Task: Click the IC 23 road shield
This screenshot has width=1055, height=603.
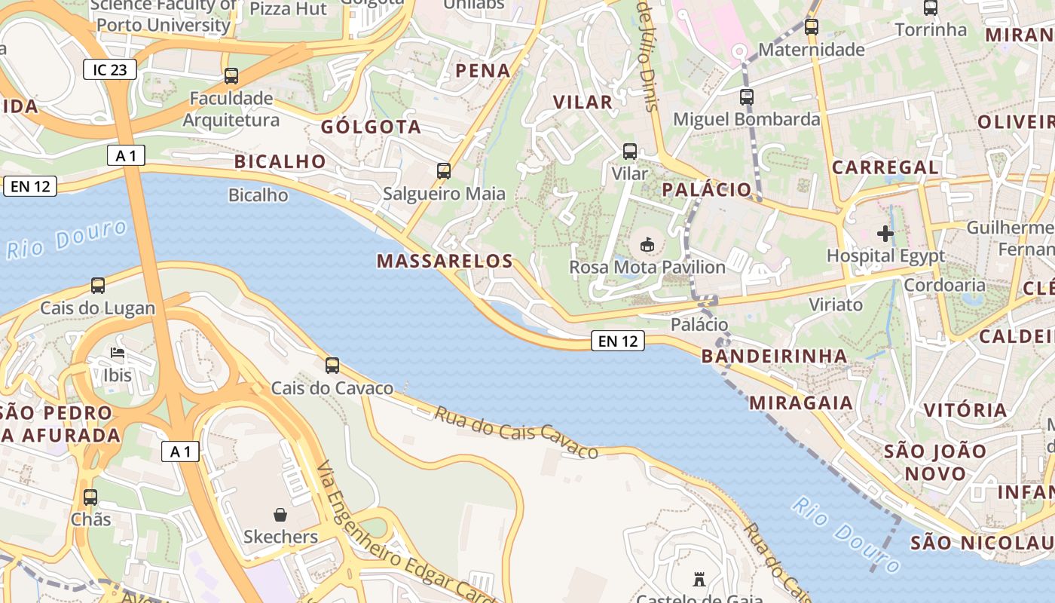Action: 110,70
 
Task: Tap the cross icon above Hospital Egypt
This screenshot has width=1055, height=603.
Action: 885,234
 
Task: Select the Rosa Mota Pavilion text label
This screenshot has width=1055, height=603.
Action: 647,267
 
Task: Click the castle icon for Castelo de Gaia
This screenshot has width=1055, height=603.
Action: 699,580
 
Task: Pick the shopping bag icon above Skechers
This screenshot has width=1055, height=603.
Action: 280,514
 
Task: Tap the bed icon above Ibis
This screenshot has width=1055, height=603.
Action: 117,352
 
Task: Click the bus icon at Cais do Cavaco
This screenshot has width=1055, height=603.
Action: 332,366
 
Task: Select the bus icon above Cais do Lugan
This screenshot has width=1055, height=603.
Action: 98,286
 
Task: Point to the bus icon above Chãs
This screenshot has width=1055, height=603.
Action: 90,497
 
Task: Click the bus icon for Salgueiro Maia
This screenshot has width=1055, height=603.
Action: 444,171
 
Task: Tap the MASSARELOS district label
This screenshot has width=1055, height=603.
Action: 445,262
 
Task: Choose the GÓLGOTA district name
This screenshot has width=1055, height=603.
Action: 371,127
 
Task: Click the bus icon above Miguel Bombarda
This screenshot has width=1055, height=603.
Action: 746,97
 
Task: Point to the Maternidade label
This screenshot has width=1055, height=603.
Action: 811,50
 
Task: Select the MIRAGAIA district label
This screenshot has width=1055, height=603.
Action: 801,403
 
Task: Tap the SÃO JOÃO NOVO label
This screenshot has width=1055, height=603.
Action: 935,462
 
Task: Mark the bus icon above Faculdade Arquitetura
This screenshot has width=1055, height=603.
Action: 231,76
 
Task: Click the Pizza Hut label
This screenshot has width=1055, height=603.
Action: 288,9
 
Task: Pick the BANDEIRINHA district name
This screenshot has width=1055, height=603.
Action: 774,356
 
